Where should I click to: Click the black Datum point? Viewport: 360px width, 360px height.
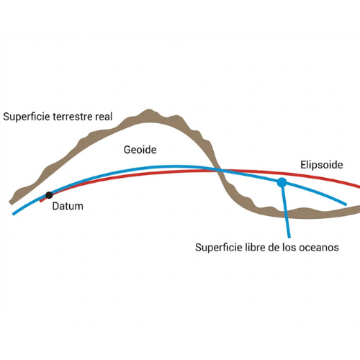pyautogui.click(x=49, y=195)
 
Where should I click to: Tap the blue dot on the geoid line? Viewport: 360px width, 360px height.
pyautogui.click(x=282, y=182)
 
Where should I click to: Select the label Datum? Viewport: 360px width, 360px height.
pyautogui.click(x=68, y=206)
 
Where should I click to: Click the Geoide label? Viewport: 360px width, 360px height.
pyautogui.click(x=140, y=150)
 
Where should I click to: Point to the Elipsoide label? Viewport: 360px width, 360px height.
pyautogui.click(x=322, y=165)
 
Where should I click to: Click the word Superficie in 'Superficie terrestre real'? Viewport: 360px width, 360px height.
pyautogui.click(x=27, y=117)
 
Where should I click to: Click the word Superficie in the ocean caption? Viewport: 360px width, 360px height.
pyautogui.click(x=219, y=248)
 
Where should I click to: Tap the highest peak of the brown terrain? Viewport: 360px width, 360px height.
pyautogui.click(x=149, y=110)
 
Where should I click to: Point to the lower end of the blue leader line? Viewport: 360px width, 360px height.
pyautogui.click(x=289, y=238)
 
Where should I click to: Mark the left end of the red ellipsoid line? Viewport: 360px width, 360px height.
pyautogui.click(x=40, y=201)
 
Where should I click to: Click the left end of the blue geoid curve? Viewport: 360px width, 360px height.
pyautogui.click(x=14, y=214)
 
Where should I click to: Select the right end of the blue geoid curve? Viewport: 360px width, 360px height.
pyautogui.click(x=346, y=204)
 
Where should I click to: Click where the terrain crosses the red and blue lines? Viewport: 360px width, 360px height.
pyautogui.click(x=220, y=171)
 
